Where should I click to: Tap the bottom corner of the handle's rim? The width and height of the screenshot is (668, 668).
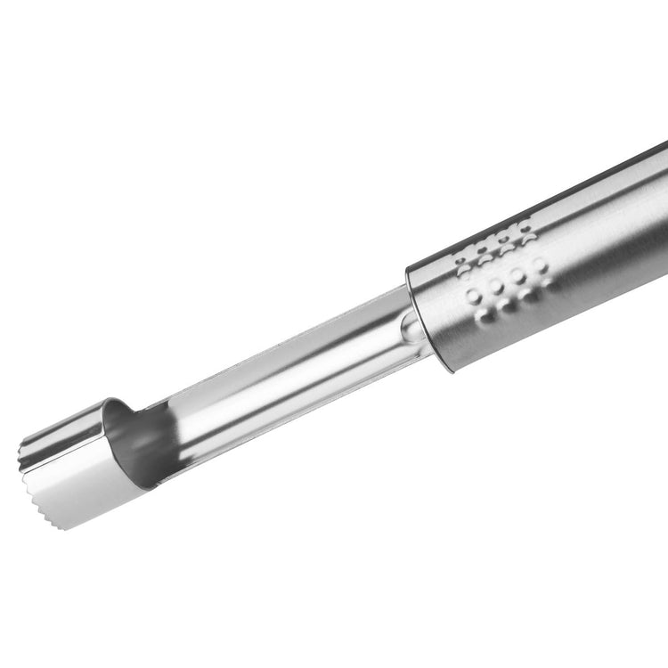click(451, 371)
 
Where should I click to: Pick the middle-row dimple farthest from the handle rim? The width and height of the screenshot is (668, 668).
click(542, 265)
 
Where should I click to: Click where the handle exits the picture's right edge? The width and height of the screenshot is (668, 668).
click(664, 214)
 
